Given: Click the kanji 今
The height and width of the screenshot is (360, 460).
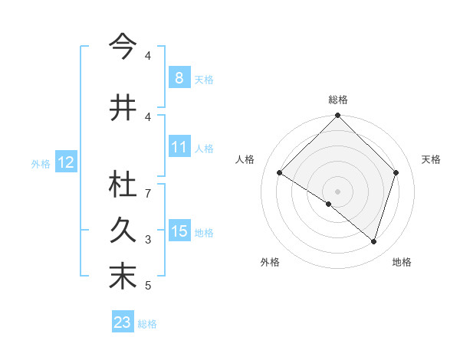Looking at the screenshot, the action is pos(123,47).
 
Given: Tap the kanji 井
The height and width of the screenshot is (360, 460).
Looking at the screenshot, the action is pos(123,108).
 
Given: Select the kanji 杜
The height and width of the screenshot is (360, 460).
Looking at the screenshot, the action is pos(123,185).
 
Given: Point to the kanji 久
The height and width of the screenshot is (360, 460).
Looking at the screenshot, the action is pos(123,231).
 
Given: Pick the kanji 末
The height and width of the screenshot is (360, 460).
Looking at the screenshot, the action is pos(123,277).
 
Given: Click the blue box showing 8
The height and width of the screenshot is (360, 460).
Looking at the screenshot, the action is pos(179,78).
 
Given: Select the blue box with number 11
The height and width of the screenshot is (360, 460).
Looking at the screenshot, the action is pos(179,147).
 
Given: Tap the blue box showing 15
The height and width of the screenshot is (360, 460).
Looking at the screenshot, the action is pos(179,231).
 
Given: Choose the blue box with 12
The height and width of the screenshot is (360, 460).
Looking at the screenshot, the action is pos(65,162).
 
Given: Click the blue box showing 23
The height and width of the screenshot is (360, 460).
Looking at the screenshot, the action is pos(123,322).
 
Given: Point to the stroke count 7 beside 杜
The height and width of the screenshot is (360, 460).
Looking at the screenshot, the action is pos(148,193).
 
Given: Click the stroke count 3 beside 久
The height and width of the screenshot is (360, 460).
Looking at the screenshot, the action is pos(148,240).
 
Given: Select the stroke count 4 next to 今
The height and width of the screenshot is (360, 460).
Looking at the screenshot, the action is pos(148,56).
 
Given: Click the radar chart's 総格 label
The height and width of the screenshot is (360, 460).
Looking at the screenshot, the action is pos(338,100).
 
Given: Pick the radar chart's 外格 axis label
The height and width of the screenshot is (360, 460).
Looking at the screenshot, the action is pos(269,262).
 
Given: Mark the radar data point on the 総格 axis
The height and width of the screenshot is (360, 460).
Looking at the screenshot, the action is pos(338,116).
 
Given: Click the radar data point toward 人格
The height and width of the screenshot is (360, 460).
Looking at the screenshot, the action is pos(280,173).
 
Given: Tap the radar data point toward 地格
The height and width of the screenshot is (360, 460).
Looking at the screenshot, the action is pos(373,242).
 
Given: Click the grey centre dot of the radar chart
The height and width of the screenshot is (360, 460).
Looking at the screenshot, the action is pos(338,191).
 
